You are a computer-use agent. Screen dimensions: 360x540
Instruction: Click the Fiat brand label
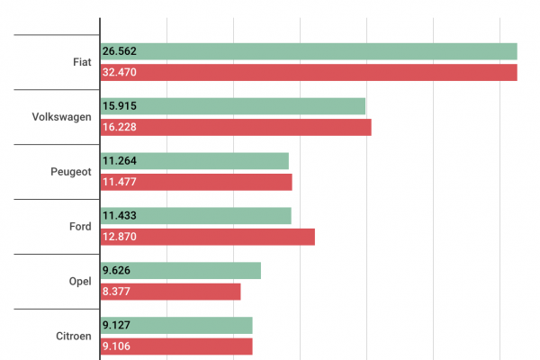point(80,62)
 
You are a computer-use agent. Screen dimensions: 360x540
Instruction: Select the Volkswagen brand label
point(61,117)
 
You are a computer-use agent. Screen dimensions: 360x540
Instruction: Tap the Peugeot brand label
point(71,172)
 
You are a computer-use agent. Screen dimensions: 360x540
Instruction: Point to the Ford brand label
point(80,227)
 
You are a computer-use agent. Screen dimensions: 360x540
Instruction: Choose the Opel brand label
point(80,282)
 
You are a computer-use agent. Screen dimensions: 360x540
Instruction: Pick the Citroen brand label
point(73,337)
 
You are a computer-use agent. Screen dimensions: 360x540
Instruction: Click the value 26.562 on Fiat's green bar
point(120,51)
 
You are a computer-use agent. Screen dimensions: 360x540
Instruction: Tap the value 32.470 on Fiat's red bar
point(120,73)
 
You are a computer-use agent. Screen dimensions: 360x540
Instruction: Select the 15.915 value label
point(120,106)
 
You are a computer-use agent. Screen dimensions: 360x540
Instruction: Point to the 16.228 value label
point(120,128)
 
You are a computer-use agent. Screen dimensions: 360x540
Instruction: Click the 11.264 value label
point(120,161)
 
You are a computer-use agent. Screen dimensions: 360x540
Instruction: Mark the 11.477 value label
point(120,183)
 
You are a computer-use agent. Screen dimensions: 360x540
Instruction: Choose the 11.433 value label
point(120,216)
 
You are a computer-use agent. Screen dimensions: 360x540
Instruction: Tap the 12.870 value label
point(120,238)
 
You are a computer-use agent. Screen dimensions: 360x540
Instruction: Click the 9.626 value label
point(117,271)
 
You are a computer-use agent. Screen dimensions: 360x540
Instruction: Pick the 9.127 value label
point(117,326)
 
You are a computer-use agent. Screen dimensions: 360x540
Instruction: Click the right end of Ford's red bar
point(313,237)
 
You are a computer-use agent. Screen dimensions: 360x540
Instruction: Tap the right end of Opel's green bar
point(259,271)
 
